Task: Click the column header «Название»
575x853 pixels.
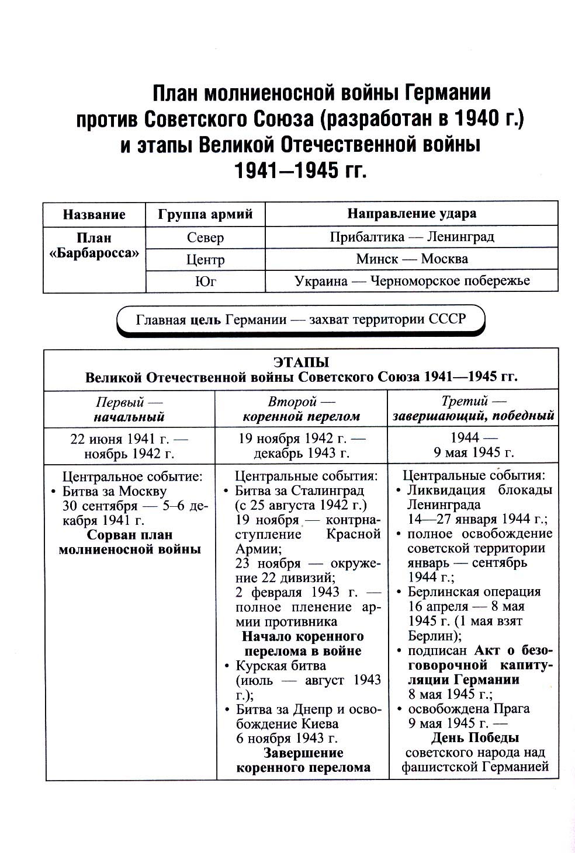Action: pos(93,214)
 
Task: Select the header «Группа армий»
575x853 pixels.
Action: pos(205,214)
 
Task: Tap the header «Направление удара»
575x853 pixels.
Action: pos(411,214)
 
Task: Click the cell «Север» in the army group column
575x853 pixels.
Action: pos(205,238)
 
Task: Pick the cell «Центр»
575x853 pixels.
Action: pos(205,259)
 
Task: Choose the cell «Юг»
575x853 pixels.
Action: pos(205,281)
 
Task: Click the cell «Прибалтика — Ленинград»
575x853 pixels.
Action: pos(411,237)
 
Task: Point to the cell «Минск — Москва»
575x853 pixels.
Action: pos(411,259)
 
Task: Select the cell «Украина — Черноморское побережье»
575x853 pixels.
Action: pos(411,281)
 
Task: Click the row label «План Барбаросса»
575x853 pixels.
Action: pos(93,246)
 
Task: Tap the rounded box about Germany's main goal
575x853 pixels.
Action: pos(300,320)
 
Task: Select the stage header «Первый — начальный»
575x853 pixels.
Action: pos(129,409)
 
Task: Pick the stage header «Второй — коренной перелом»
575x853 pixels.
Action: pos(301,409)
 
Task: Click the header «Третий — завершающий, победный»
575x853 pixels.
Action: pos(473,409)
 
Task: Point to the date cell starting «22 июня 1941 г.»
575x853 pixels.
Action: pos(129,445)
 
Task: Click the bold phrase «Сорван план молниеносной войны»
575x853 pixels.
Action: pos(130,542)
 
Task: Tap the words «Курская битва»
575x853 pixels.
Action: pos(280,666)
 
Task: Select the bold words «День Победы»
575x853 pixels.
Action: pos(475,737)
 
